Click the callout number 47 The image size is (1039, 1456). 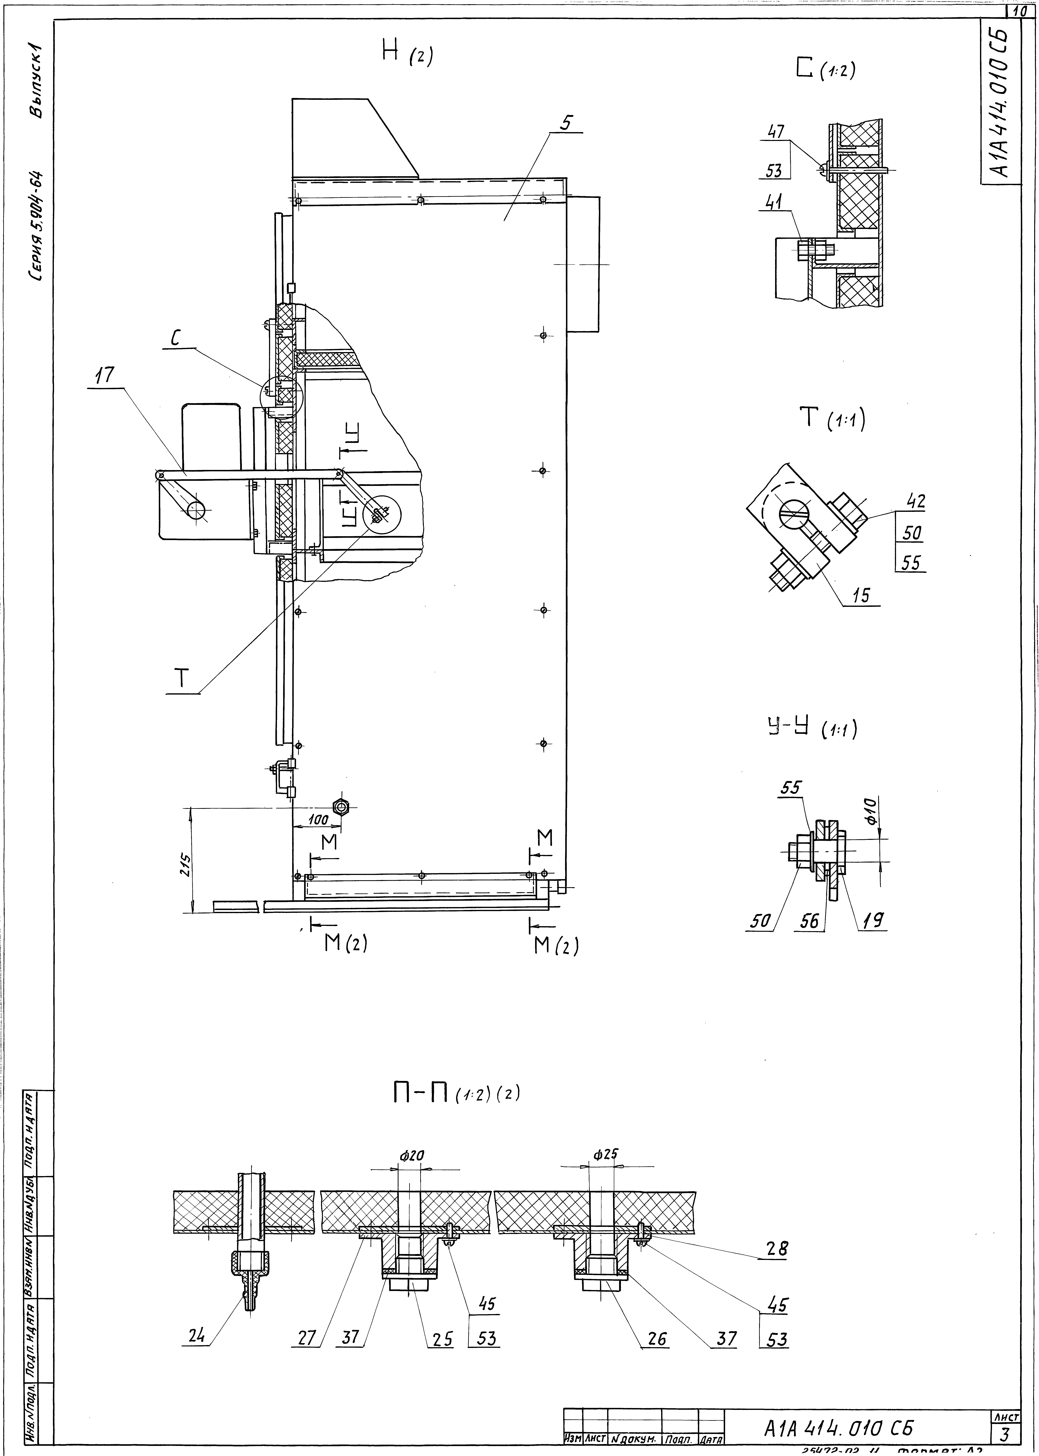(777, 131)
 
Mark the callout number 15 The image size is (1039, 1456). (861, 595)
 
